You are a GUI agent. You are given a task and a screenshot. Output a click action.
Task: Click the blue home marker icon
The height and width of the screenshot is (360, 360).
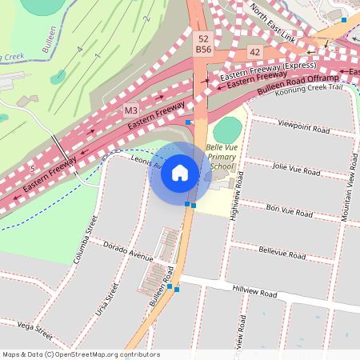click(x=180, y=173)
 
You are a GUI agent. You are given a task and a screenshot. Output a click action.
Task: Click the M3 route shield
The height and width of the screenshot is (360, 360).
click(x=131, y=108)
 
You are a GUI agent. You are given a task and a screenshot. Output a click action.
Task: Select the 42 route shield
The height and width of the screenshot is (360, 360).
click(x=254, y=51)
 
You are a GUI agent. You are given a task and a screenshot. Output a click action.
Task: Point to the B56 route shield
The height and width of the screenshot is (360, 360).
click(x=203, y=50)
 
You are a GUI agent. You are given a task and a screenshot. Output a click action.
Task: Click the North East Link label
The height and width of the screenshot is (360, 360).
click(x=273, y=24)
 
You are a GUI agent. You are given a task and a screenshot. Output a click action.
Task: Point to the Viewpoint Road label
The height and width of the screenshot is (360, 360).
click(x=303, y=127)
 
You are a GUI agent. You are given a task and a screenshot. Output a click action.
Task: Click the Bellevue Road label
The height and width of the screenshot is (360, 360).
click(x=282, y=254)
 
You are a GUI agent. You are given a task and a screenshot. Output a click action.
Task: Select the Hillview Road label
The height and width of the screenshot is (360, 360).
click(x=254, y=294)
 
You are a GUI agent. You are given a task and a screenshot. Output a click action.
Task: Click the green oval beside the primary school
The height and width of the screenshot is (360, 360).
click(x=227, y=129)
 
